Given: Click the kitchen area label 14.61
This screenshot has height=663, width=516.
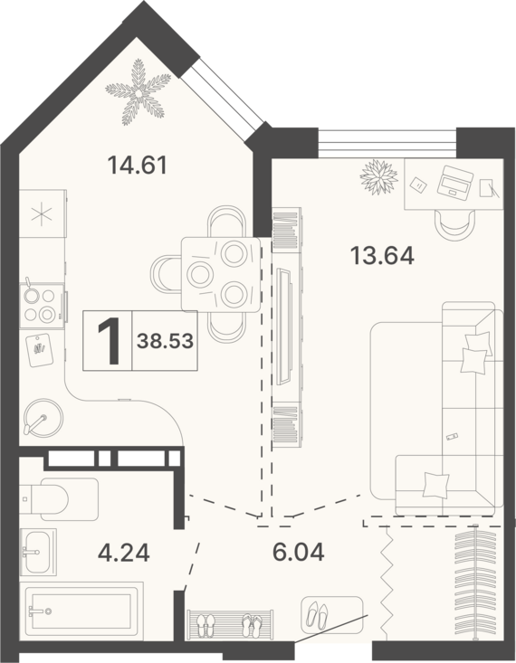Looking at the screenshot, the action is [x=138, y=165].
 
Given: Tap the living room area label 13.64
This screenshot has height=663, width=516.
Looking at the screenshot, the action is [x=382, y=256].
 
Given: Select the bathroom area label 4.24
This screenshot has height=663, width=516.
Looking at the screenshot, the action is [x=124, y=553].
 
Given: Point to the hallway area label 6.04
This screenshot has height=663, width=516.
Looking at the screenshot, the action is [x=299, y=552].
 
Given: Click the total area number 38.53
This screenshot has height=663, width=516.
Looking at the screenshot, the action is [x=165, y=340].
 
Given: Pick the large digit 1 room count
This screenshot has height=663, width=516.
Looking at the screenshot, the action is [x=109, y=340].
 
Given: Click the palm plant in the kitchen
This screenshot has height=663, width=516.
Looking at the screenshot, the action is [x=139, y=92].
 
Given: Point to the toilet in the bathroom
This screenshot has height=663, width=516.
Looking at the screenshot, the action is [x=59, y=499].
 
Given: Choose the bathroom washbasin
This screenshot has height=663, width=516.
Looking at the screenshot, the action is [x=38, y=552].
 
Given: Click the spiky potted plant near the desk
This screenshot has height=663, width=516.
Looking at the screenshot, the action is [x=378, y=177].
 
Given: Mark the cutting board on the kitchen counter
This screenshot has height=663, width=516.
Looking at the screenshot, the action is [x=40, y=351].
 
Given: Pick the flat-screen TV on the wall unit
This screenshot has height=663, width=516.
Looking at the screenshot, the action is [x=283, y=327].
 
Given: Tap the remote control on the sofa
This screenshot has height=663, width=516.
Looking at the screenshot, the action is [x=452, y=436].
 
